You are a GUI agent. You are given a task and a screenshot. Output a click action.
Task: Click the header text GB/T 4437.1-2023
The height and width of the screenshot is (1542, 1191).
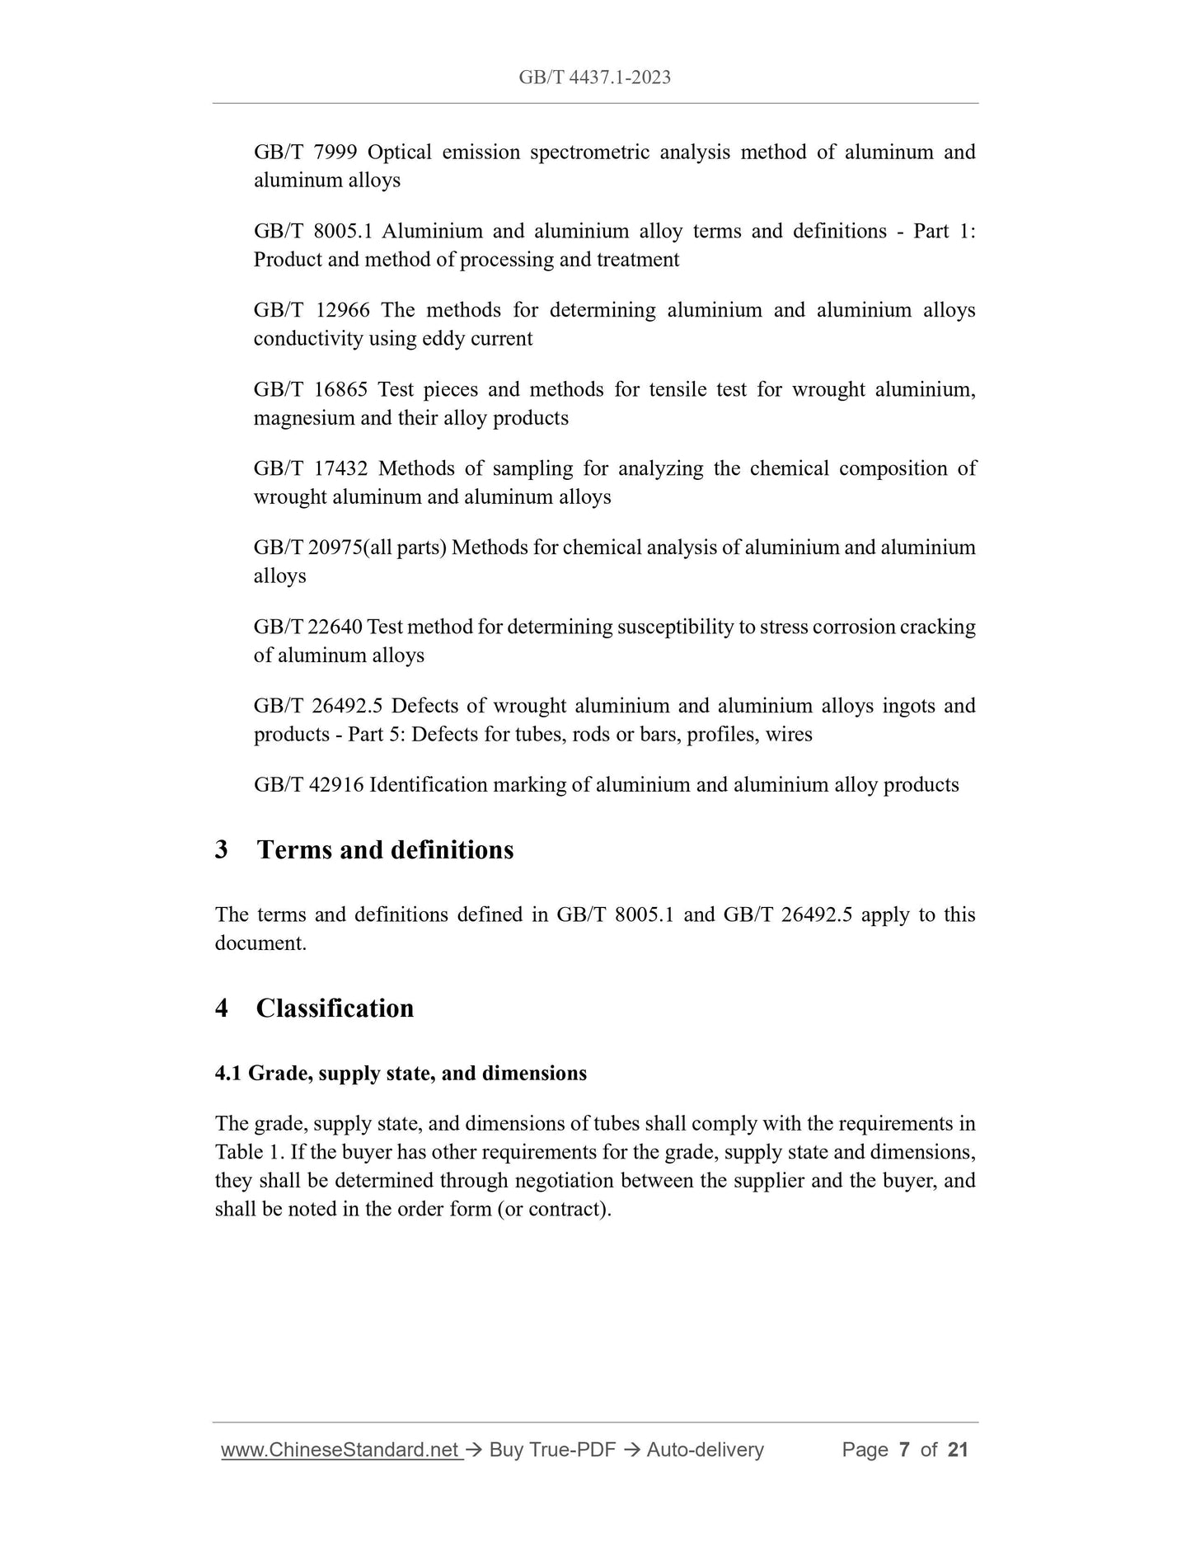point(594,78)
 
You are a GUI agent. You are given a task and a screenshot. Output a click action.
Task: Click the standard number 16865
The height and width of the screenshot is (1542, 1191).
point(340,390)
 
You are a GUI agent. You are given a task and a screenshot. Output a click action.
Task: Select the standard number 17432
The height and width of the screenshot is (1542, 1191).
point(340,469)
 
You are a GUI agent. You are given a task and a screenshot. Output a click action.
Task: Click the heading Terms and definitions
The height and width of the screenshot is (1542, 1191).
point(385,850)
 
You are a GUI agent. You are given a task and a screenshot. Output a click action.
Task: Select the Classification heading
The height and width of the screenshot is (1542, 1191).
point(335,1008)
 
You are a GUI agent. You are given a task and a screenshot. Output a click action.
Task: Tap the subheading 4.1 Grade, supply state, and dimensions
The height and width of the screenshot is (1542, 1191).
point(401,1074)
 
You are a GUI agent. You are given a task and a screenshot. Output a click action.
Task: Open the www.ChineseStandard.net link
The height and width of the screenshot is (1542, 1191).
point(340,1449)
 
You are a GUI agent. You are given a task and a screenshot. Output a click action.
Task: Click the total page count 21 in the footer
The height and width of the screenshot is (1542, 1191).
point(958,1449)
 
